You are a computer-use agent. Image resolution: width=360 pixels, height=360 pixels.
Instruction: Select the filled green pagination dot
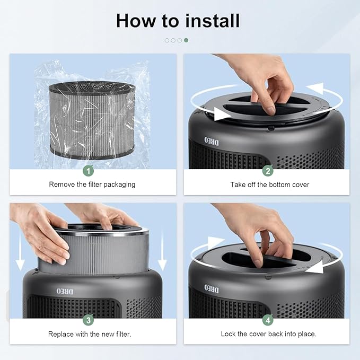pos(186,40)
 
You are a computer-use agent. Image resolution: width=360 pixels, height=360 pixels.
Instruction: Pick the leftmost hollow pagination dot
pos(167,40)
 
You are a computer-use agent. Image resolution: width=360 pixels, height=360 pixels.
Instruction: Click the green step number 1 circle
pos(89,170)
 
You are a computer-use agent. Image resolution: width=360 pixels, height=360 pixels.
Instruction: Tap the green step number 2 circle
pos(269,170)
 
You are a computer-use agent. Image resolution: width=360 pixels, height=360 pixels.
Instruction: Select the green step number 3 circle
pos(89,320)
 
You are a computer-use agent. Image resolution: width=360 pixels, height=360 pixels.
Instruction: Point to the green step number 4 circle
pos(269,320)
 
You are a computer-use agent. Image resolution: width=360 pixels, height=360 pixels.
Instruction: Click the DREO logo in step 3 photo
pos(62,291)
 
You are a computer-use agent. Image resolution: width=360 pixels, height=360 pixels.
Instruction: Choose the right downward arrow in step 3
pos(162,258)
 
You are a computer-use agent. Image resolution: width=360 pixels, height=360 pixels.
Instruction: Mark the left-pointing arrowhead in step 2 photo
pos(317,87)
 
